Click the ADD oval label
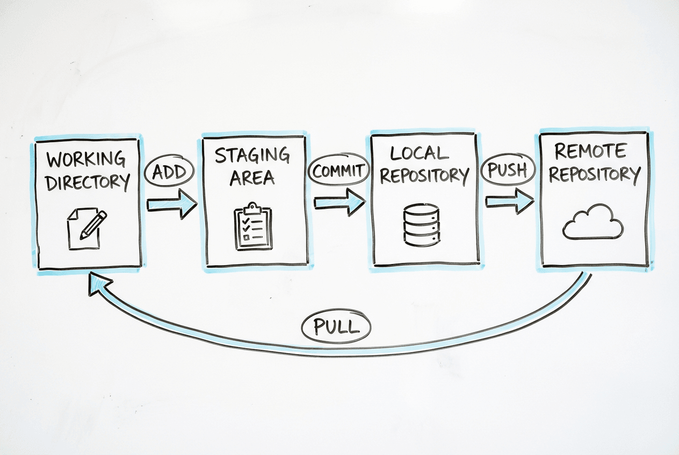point(169,172)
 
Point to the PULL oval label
point(336,327)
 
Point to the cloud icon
point(593,223)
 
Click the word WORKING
point(86,159)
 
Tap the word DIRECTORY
point(88,182)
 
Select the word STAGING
point(252,156)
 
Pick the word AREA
point(252,178)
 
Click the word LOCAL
point(419,153)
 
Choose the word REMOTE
point(590,151)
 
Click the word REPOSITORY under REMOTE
point(595,174)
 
